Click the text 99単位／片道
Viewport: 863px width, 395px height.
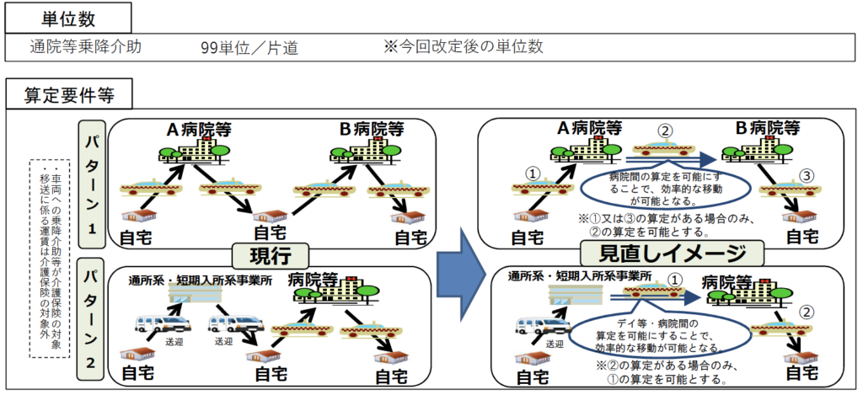(x=249, y=48)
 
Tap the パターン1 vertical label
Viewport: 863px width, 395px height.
(x=92, y=184)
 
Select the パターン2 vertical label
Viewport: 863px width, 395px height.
(x=92, y=325)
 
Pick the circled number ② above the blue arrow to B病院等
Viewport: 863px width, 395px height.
(x=664, y=132)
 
